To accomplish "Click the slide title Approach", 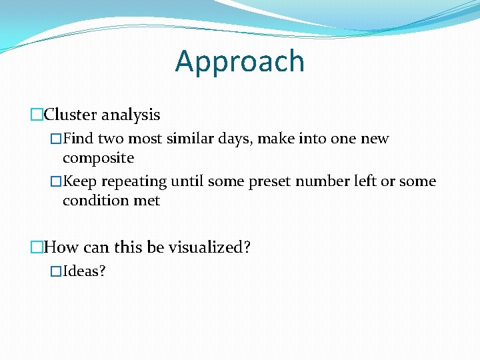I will click(240, 61).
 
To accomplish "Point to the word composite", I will click(98, 159).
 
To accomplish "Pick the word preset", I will click(270, 181).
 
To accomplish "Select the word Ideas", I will click(84, 271).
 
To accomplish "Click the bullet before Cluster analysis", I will click(37, 115).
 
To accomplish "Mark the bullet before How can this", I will click(37, 247).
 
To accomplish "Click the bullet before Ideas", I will click(56, 271).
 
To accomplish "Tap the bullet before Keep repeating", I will click(56, 181).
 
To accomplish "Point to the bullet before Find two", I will click(56, 139).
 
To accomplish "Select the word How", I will click(61, 247).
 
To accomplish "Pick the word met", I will click(147, 201).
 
